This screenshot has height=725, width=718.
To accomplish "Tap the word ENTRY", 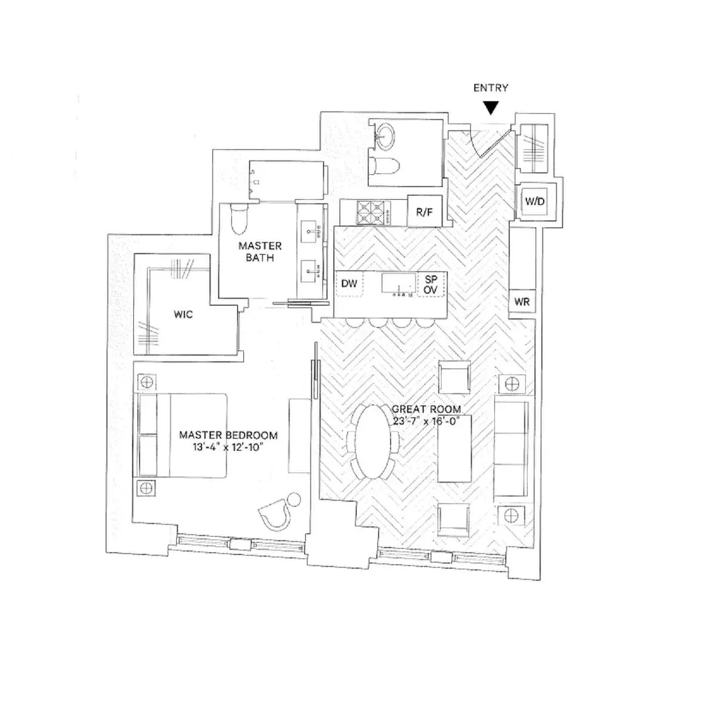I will [491, 88].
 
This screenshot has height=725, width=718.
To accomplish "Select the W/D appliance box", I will [535, 200].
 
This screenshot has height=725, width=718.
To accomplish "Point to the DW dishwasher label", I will [348, 285].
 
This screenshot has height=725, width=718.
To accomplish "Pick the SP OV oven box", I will [429, 285].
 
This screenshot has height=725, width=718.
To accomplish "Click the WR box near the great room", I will [522, 303].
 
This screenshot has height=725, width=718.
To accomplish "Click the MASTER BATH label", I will [260, 252].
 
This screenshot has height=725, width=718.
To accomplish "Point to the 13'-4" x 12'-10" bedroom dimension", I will [227, 447].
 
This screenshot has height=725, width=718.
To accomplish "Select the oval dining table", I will [372, 441].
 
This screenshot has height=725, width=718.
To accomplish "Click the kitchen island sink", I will [397, 284].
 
